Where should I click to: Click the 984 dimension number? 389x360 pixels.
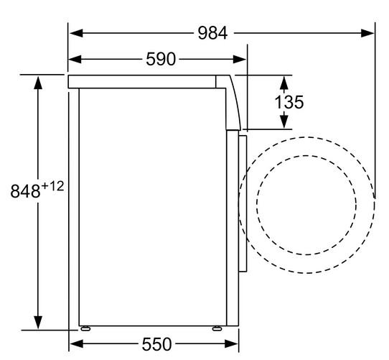click(212, 33)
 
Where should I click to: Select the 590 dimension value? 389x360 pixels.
click(161, 59)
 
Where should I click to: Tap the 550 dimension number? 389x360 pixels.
click(156, 344)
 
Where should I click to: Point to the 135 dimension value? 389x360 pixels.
click(289, 102)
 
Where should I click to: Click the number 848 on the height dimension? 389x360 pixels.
click(25, 191)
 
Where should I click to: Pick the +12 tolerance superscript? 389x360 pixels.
click(52, 186)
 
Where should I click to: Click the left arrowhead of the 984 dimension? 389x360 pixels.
click(76, 33)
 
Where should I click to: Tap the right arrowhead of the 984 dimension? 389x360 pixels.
click(367, 33)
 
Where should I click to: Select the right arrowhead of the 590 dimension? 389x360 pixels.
click(240, 59)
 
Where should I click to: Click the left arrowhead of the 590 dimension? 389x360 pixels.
click(75, 59)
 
